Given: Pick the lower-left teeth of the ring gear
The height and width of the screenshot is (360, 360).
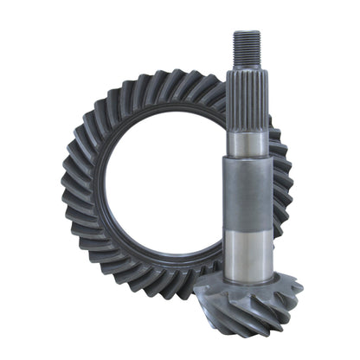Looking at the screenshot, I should pos(95,268).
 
